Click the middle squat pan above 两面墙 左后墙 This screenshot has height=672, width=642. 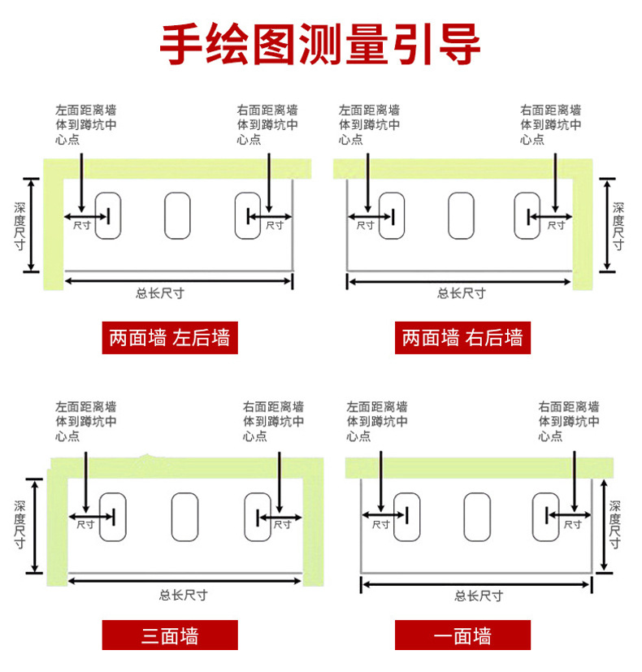pos(177,215)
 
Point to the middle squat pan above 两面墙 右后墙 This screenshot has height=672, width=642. pos(461,215)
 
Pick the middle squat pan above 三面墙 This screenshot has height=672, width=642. pos(184,518)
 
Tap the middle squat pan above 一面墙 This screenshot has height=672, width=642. pos(477,518)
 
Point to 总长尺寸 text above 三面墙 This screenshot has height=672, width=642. pos(184,594)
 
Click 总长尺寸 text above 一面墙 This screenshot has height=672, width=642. pos(479,596)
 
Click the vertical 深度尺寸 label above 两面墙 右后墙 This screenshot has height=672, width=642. pos(618,225)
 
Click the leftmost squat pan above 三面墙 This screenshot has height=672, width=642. pos(113,518)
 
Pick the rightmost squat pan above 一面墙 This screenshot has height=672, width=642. pos(545,518)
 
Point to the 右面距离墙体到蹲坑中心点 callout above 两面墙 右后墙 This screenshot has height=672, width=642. pos(550,124)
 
